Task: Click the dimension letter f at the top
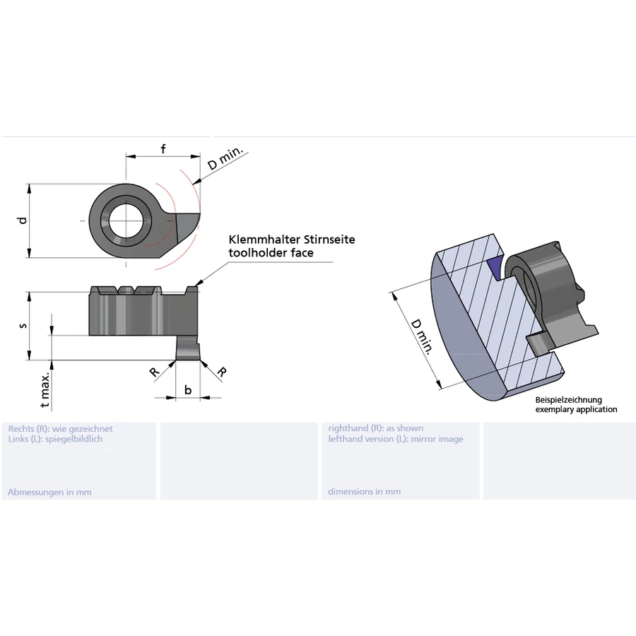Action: pos(163,148)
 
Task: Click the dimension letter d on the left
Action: pos(23,220)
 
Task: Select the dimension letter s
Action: pos(23,326)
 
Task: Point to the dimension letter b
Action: pos(187,389)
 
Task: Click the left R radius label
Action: pos(154,372)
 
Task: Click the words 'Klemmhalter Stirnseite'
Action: pos(291,240)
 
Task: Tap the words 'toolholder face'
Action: pos(271,252)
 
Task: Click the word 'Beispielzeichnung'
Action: pos(569,400)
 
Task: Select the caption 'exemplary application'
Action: pos(576,409)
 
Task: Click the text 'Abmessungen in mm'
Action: pos(49,492)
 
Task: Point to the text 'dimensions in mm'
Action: pos(364,492)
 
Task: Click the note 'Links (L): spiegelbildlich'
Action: pos(55,439)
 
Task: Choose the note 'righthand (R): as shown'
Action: pos(376,428)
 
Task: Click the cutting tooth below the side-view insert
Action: pos(187,348)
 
